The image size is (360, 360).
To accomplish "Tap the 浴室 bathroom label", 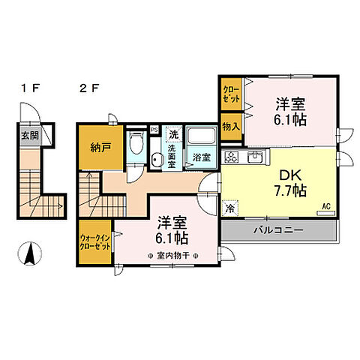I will pos(201,157).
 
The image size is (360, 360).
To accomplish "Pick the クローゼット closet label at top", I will pos(230,95).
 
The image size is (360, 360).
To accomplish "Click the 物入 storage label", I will pos(230,126).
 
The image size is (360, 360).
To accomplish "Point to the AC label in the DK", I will pos(325,205).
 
